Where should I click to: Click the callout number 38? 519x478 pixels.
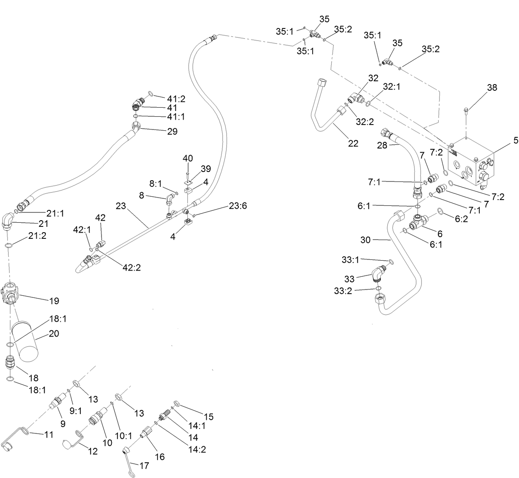tap(492, 87)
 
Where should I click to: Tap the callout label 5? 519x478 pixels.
tap(515, 140)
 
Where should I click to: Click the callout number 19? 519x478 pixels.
tap(54, 301)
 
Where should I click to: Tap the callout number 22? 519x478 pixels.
tap(353, 143)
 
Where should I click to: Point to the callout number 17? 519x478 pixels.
tap(144, 466)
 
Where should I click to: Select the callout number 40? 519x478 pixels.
tap(188, 158)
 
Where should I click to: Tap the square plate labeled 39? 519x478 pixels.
tap(188, 180)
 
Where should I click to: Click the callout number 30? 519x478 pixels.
tap(366, 240)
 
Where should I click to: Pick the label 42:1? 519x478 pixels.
tap(82, 229)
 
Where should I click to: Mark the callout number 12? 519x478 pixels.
tap(93, 451)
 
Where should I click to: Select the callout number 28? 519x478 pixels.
tap(382, 145)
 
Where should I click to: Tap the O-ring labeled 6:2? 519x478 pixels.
tap(440, 212)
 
